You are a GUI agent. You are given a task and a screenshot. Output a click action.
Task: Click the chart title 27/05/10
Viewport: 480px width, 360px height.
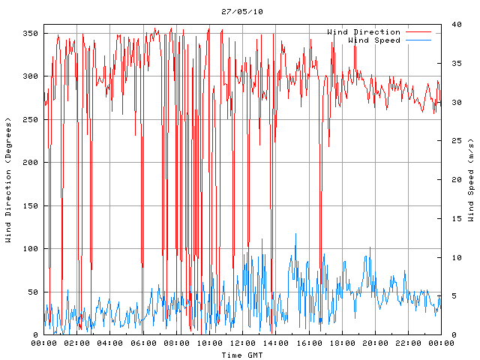[x=242, y=11]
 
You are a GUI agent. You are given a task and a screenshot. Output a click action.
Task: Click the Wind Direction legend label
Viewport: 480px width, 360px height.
[x=364, y=32]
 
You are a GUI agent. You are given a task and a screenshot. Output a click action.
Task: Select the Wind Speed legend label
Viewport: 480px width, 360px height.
[x=374, y=40]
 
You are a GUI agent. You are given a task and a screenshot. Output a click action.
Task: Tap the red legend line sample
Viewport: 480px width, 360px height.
[x=420, y=32]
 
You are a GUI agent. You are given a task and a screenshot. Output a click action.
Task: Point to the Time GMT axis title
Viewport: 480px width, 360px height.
[x=241, y=354]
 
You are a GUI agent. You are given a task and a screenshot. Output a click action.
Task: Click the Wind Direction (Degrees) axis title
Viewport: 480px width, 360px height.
[x=8, y=180]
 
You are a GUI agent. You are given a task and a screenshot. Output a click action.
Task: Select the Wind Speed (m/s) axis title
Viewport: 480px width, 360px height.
[x=470, y=180]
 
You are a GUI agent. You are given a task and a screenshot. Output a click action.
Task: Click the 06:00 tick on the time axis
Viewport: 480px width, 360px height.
[x=143, y=343]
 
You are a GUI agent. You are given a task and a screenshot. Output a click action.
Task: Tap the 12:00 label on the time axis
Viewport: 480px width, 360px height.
[x=242, y=343]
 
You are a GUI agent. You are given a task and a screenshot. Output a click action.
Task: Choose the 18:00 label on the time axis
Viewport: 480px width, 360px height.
[x=341, y=343]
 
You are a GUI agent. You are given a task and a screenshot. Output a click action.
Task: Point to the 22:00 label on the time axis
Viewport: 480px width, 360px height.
[x=407, y=343]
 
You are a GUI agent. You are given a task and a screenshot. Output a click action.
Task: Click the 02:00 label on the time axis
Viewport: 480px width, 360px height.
[x=77, y=343]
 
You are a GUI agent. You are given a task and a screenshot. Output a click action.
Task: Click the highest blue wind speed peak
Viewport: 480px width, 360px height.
[x=295, y=234]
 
